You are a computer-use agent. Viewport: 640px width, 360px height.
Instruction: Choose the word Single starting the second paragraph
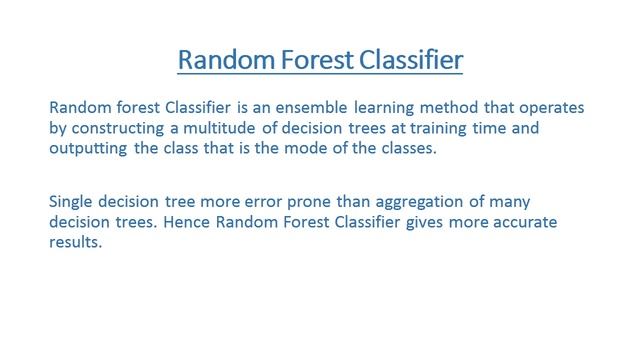(72, 201)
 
